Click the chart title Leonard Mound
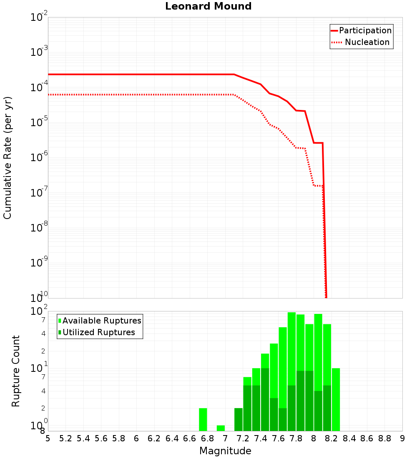[208, 7]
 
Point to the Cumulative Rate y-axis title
[8, 158]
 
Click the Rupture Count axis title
[16, 371]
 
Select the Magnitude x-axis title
[225, 451]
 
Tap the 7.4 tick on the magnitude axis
[261, 438]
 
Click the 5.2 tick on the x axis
[66, 438]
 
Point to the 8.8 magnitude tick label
[384, 438]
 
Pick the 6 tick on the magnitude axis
[136, 438]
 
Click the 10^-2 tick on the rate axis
[39, 17]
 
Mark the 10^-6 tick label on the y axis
[39, 158]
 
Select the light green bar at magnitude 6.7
[203, 419]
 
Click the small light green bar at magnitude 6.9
[221, 428]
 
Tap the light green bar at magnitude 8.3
[336, 399]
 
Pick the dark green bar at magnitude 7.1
[239, 419]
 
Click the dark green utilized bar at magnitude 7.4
[265, 399]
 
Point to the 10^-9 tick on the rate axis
[39, 263]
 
